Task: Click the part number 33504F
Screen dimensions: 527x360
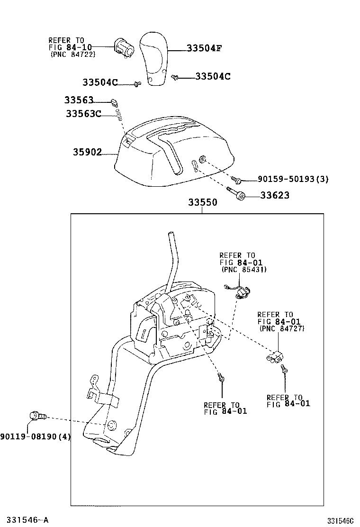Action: [x=204, y=48]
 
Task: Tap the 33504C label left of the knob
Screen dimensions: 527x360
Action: [x=100, y=82]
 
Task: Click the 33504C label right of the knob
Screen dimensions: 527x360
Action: [x=213, y=76]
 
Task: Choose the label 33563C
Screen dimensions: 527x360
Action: [x=83, y=114]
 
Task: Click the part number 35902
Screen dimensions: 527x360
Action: [x=87, y=153]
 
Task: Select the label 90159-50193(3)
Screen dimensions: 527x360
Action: [x=293, y=179]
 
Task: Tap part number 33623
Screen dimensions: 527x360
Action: [x=275, y=195]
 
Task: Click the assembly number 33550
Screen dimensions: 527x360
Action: [x=202, y=202]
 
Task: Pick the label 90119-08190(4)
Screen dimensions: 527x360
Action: [x=35, y=436]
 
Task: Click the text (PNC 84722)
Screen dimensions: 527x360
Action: [x=72, y=55]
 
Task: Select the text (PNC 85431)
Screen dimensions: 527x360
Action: [x=243, y=269]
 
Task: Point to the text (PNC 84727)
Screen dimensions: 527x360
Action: [x=281, y=328]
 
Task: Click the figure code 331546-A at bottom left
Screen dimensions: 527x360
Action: [x=25, y=520]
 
